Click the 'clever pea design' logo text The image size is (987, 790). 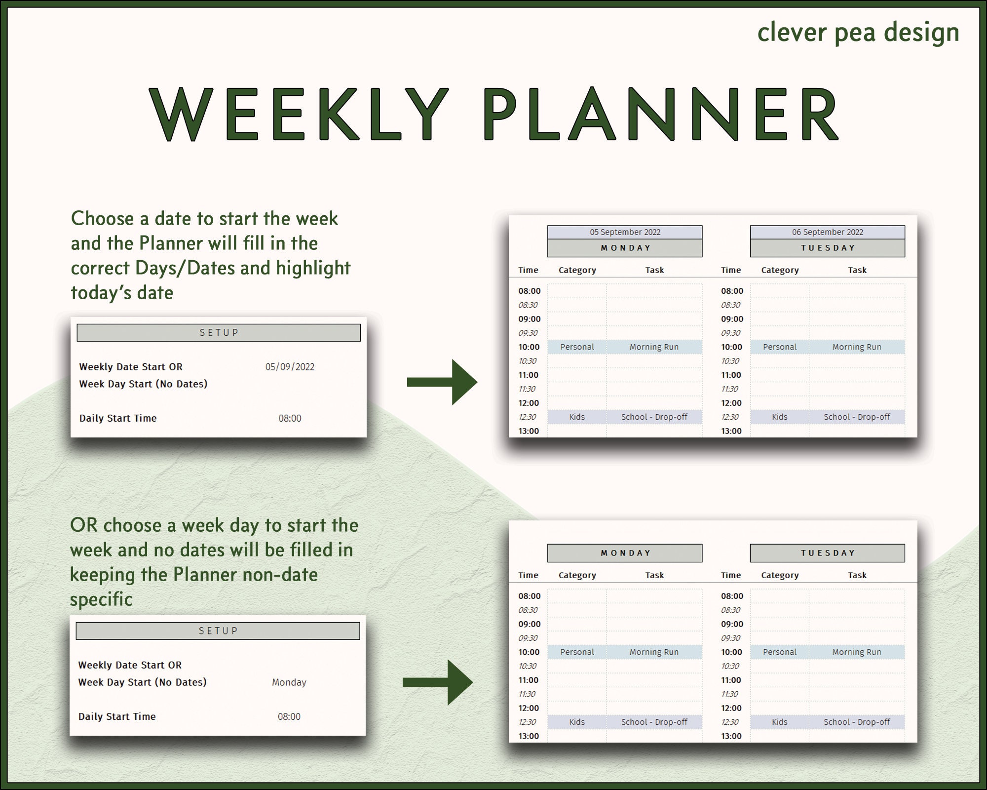[858, 33]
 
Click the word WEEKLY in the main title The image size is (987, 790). [299, 114]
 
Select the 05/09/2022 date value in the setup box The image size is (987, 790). [290, 367]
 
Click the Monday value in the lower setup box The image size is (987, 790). [289, 682]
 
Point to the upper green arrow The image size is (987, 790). [442, 382]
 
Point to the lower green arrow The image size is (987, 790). [438, 682]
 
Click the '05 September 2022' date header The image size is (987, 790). [625, 232]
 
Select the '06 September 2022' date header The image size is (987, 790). [828, 232]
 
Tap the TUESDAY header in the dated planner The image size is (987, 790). [828, 248]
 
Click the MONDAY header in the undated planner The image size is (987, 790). [625, 553]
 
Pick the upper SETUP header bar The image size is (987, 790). [219, 333]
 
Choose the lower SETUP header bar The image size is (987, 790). [218, 631]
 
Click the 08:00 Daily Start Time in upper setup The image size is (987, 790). [290, 418]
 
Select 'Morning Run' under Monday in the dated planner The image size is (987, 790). [654, 347]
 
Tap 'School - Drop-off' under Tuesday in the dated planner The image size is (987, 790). [857, 417]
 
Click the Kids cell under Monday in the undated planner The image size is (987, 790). [577, 722]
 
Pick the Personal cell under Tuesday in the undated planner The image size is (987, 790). [780, 652]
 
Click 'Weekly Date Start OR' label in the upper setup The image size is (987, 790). [131, 367]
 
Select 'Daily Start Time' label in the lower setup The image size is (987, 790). [117, 716]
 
